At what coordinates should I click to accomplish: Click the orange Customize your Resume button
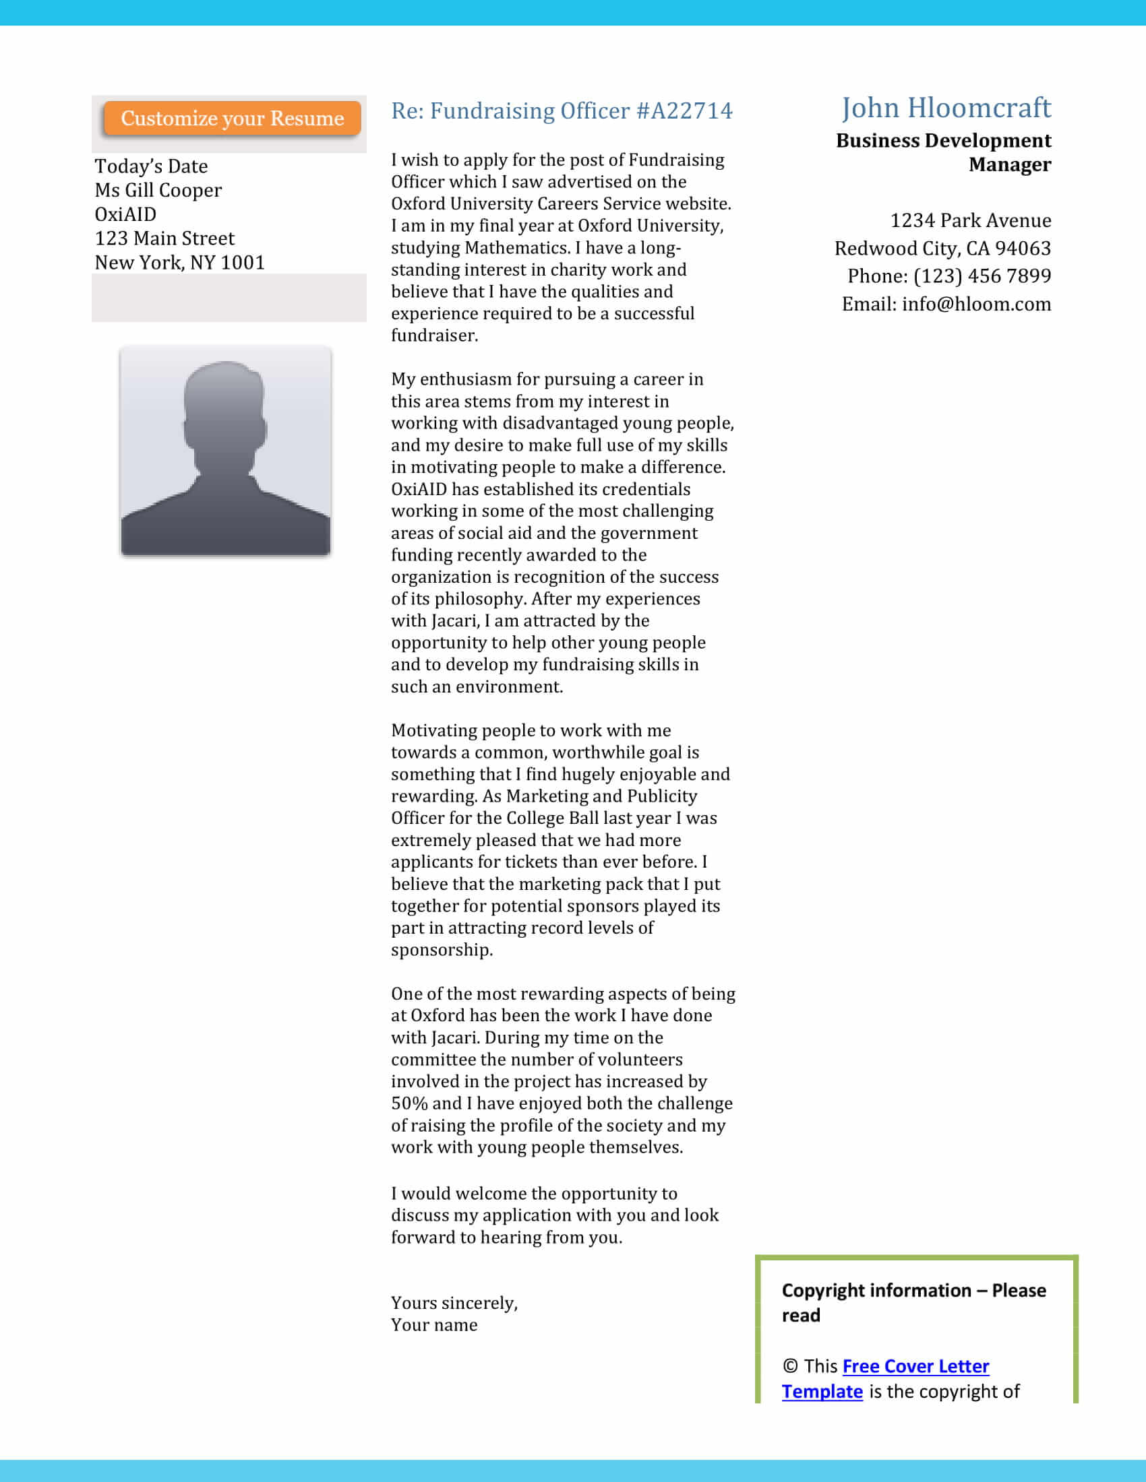point(232,119)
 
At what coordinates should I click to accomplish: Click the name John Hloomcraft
point(946,108)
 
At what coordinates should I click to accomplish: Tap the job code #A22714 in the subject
point(684,110)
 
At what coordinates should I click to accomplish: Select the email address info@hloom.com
point(976,304)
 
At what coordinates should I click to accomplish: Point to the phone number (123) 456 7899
point(982,276)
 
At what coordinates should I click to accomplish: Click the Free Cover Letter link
point(915,1366)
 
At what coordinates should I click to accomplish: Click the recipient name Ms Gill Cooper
point(158,191)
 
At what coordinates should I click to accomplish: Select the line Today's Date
point(152,166)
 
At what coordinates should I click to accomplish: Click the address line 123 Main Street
point(164,238)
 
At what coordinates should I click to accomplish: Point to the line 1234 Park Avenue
point(970,220)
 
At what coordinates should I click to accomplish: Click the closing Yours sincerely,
point(454,1303)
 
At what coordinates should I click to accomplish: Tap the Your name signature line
point(434,1324)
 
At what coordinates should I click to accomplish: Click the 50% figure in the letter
point(409,1103)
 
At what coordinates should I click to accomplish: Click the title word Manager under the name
point(1010,165)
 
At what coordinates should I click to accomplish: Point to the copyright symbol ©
point(789,1366)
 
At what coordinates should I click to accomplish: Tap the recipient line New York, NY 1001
point(179,263)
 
